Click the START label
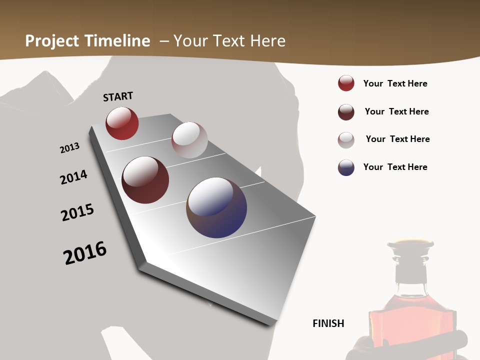click(x=118, y=96)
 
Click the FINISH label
click(x=328, y=323)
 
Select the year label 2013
click(x=70, y=147)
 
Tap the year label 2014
click(x=74, y=177)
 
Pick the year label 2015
click(x=77, y=212)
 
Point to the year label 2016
click(x=85, y=252)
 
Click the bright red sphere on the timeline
click(x=122, y=123)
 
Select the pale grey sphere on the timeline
click(x=189, y=140)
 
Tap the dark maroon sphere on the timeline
click(x=145, y=180)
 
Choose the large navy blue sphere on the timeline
click(x=216, y=207)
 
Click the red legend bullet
click(x=346, y=83)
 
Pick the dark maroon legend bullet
click(x=346, y=112)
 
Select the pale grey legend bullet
click(x=346, y=140)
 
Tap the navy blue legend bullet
click(x=346, y=167)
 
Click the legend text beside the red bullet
click(x=395, y=83)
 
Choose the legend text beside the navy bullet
click(x=395, y=167)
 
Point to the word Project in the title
click(x=52, y=41)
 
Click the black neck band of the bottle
click(x=411, y=272)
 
